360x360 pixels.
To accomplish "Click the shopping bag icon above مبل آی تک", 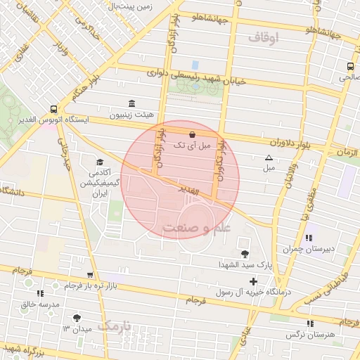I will [x=193, y=133].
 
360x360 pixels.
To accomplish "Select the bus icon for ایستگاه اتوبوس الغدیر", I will [x=54, y=109].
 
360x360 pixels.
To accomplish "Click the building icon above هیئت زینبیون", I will [x=132, y=103].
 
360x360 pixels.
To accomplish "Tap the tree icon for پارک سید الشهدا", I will [x=245, y=254].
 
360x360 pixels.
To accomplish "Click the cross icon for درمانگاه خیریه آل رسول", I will [x=253, y=281].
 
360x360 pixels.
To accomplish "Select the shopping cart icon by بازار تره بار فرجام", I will [x=89, y=275].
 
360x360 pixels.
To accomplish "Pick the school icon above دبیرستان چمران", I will [x=309, y=238].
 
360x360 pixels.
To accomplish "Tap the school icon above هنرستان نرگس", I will [x=310, y=323].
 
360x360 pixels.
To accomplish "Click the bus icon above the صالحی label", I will [x=349, y=67].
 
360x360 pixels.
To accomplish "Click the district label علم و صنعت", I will [x=196, y=229].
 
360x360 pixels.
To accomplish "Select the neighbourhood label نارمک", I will [x=115, y=326].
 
